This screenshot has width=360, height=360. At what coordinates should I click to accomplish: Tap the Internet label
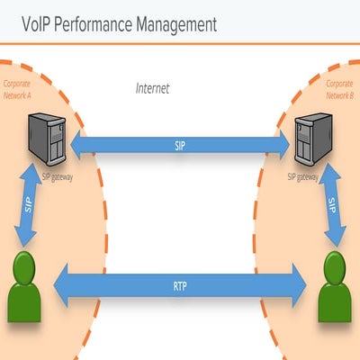click(x=152, y=88)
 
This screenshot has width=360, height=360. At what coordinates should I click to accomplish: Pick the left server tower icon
click(x=46, y=139)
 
